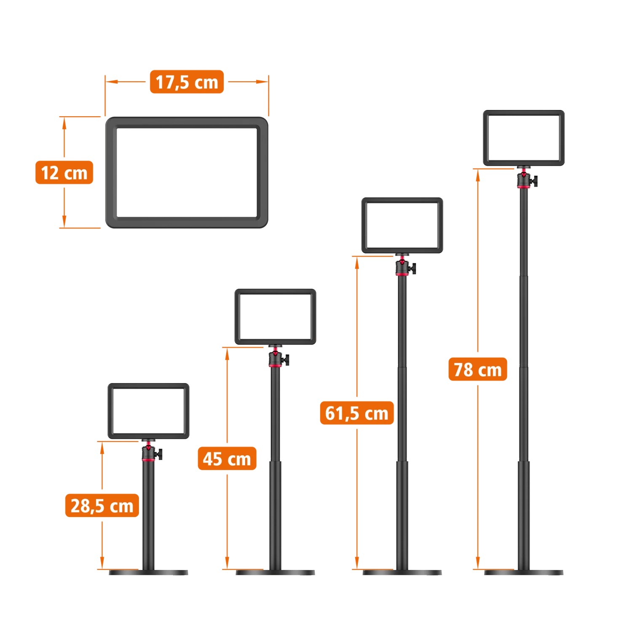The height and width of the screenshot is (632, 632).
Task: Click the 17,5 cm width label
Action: pyautogui.click(x=187, y=82)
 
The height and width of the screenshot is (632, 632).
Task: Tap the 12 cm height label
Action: pyautogui.click(x=64, y=173)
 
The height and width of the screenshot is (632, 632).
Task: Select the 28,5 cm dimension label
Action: pyautogui.click(x=102, y=506)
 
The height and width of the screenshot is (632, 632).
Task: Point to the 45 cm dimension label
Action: pyautogui.click(x=227, y=458)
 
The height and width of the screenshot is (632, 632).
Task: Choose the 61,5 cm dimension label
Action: pyautogui.click(x=356, y=413)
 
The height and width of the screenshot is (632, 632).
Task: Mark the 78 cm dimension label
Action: pyautogui.click(x=478, y=370)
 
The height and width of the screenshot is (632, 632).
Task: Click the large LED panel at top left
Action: pyautogui.click(x=187, y=172)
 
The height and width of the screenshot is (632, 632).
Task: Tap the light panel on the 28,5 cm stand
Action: pyautogui.click(x=149, y=411)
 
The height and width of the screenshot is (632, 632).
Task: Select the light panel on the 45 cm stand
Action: pyautogui.click(x=275, y=316)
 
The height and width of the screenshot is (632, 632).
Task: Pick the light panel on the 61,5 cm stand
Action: pyautogui.click(x=402, y=225)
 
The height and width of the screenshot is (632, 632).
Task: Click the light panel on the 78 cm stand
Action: pyautogui.click(x=524, y=138)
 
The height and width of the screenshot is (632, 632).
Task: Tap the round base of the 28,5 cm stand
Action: pyautogui.click(x=148, y=573)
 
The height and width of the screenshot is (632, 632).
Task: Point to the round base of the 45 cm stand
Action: pyautogui.click(x=276, y=573)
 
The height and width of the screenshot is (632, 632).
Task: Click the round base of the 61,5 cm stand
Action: pyautogui.click(x=403, y=573)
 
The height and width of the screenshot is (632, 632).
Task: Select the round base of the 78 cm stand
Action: pyautogui.click(x=524, y=573)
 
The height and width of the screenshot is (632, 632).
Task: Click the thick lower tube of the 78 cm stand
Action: pyautogui.click(x=524, y=514)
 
